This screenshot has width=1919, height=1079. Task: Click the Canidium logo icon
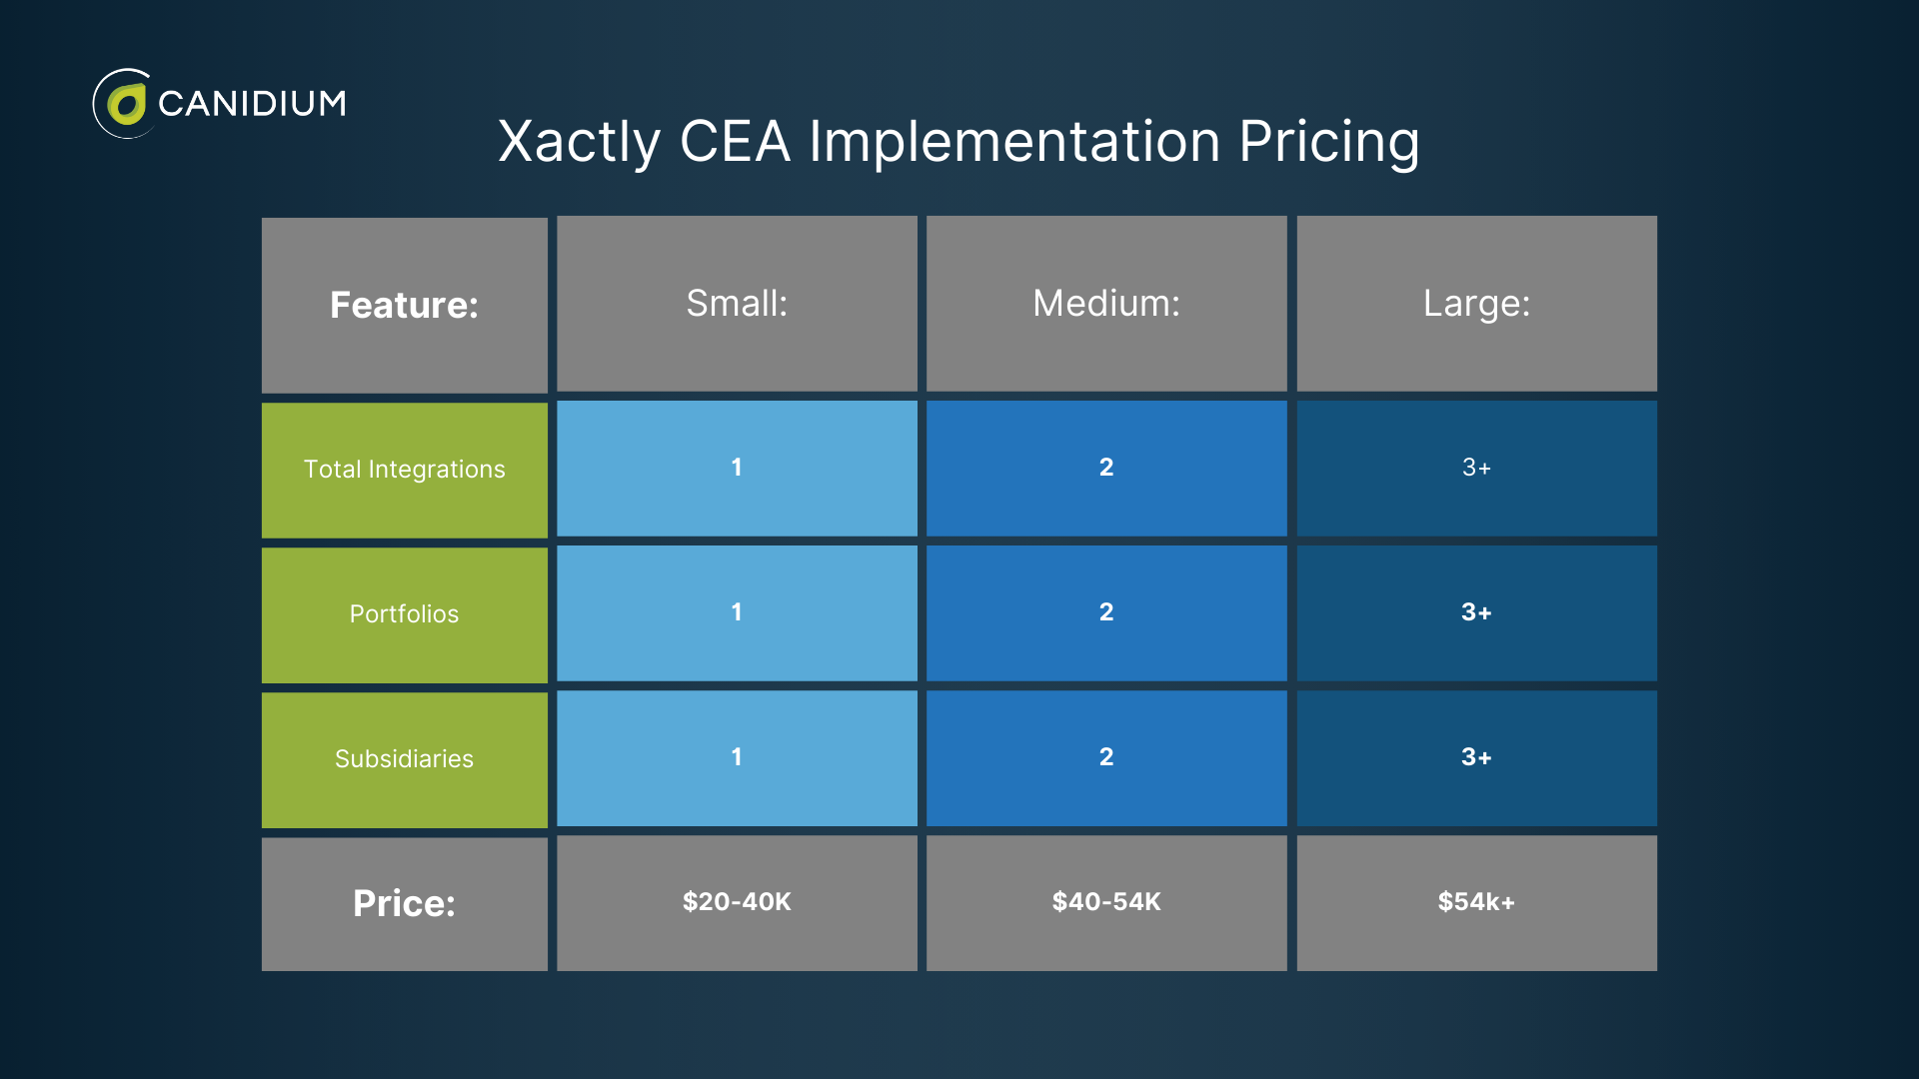124,104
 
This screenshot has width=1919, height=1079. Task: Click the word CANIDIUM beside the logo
252,103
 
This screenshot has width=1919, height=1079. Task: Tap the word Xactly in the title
579,142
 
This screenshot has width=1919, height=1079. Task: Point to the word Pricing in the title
1328,142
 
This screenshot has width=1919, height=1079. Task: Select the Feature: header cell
404,305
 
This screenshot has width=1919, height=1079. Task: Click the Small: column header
737,303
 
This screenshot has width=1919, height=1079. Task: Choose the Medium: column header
1106,303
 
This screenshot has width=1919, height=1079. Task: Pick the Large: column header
1476,303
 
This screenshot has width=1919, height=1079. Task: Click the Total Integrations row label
404,470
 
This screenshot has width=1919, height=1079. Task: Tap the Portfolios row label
404,614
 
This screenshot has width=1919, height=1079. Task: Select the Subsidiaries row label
404,759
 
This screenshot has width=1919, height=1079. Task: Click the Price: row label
404,903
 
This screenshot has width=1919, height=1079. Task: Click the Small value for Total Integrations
737,468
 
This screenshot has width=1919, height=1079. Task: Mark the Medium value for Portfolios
1106,612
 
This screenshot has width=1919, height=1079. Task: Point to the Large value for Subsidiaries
1476,757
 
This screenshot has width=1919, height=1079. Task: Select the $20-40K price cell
737,902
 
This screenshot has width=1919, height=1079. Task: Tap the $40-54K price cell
1106,902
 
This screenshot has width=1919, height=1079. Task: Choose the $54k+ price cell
1476,902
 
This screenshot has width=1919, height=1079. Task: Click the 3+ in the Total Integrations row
1476,468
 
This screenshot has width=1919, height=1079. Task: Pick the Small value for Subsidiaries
737,757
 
